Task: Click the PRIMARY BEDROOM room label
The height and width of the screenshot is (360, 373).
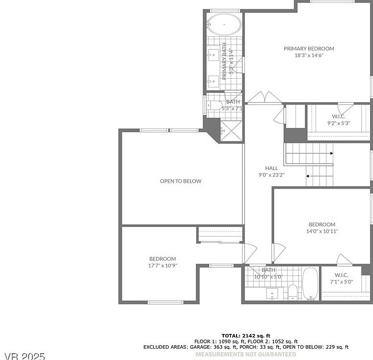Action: coord(309,49)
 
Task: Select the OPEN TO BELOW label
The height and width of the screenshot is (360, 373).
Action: coord(181,181)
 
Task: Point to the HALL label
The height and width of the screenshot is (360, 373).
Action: coord(271,168)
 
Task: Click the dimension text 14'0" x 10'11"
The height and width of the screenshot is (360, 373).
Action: coord(321,231)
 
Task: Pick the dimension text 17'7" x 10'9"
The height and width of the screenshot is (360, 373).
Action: coord(162,265)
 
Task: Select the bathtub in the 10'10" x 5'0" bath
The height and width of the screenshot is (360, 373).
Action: coord(310,284)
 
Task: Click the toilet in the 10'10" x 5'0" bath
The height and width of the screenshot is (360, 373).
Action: coord(293,291)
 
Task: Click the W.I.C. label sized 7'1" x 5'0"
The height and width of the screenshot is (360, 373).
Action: coord(341,275)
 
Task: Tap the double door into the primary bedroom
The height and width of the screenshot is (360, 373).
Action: coord(265,99)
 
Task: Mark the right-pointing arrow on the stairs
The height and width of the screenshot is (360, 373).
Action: coord(331,153)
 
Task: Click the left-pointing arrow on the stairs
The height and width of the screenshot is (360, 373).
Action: coord(308,175)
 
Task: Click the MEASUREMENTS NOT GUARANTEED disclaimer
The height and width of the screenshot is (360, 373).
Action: coord(245,354)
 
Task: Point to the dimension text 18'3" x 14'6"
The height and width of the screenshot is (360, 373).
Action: coord(309,55)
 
